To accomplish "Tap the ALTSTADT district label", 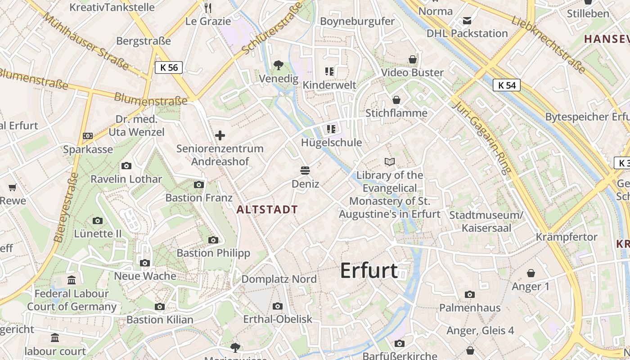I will pyautogui.click(x=267, y=209).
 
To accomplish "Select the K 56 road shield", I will pyautogui.click(x=169, y=67).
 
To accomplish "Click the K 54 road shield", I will pyautogui.click(x=507, y=85).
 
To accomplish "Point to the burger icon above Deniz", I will pyautogui.click(x=305, y=171).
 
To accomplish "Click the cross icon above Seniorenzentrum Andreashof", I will pyautogui.click(x=220, y=135).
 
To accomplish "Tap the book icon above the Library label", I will pyautogui.click(x=390, y=162).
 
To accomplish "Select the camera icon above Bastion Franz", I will pyautogui.click(x=199, y=184).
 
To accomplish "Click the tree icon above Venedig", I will pyautogui.click(x=279, y=65).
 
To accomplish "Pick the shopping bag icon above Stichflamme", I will pyautogui.click(x=396, y=99).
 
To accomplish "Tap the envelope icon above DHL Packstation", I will pyautogui.click(x=467, y=20).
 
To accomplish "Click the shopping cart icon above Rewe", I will pyautogui.click(x=13, y=187).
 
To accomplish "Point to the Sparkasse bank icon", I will pyautogui.click(x=88, y=136).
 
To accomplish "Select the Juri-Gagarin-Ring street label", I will pyautogui.click(x=483, y=137).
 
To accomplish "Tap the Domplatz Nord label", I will pyautogui.click(x=279, y=279).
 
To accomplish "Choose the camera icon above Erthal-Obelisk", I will pyautogui.click(x=278, y=306).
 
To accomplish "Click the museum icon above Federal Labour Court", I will pyautogui.click(x=72, y=280).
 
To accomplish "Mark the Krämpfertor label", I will pyautogui.click(x=567, y=237).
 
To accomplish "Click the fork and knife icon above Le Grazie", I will pyautogui.click(x=207, y=8).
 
